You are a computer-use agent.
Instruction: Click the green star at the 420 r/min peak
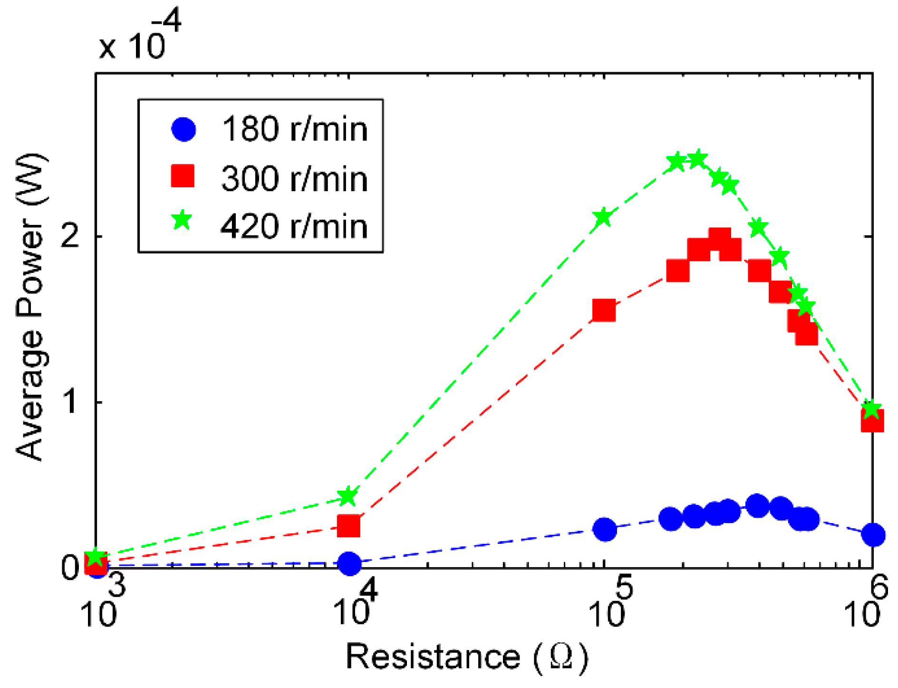click(698, 159)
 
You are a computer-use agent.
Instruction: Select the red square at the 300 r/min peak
click(719, 239)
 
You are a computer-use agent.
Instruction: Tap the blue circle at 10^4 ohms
click(350, 563)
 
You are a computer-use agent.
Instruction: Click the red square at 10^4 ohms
click(348, 525)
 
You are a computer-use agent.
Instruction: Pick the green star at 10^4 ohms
click(348, 496)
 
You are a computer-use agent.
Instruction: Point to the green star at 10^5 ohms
click(603, 217)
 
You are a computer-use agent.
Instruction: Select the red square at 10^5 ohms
click(604, 311)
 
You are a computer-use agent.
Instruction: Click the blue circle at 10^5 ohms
click(605, 529)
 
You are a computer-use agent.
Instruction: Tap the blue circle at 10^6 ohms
click(873, 535)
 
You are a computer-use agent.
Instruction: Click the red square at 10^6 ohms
click(872, 420)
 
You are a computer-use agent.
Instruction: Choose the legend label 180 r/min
click(295, 129)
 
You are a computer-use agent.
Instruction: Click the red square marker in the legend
click(183, 176)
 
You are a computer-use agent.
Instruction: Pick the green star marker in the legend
click(182, 221)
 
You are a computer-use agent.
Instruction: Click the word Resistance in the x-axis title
click(433, 658)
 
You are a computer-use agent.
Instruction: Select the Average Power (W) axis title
click(30, 307)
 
